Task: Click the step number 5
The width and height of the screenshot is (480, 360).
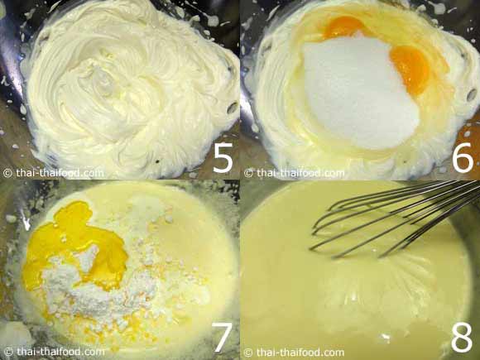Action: coord(223,157)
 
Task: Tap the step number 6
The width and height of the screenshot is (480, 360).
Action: coord(463,157)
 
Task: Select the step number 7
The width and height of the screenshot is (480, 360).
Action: coord(222,338)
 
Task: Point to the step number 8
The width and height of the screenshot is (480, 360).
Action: coord(462,338)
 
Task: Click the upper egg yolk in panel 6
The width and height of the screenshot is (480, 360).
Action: coord(343,26)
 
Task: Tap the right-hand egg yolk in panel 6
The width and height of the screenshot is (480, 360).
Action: coord(410,70)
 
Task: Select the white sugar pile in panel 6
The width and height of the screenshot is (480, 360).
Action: coord(358,92)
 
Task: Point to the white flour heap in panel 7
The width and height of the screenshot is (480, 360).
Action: coord(101,288)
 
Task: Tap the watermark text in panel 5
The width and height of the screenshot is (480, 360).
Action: coord(60,173)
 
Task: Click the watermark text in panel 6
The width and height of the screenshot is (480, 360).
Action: coord(300,173)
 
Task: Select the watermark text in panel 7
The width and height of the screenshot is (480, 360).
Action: coord(60,352)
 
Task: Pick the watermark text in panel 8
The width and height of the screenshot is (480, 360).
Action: coord(300,353)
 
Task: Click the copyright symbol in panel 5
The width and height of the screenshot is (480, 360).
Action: coord(7,173)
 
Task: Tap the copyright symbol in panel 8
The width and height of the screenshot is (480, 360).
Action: coord(248,353)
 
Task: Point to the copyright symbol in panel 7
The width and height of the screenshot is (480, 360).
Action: coord(9,352)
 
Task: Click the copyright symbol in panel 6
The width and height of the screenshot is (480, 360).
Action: coord(248,173)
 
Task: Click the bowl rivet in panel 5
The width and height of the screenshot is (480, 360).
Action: coord(232,107)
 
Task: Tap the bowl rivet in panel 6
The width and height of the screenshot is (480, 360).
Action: coord(472,94)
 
